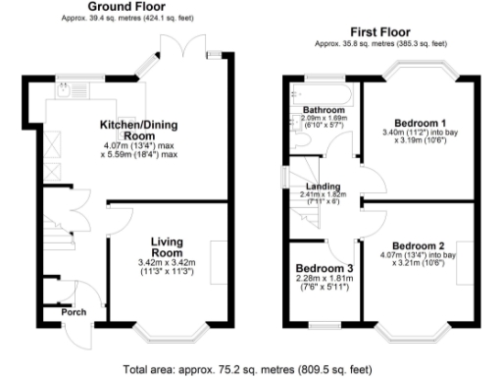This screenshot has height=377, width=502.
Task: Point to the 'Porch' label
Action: [74, 313]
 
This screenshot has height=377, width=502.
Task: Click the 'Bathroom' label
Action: [323, 110]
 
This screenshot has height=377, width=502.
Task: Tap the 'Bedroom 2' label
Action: [419, 245]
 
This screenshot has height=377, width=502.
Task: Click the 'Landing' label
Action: [321, 185]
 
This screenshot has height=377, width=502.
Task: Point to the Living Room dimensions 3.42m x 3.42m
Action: [173, 268]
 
